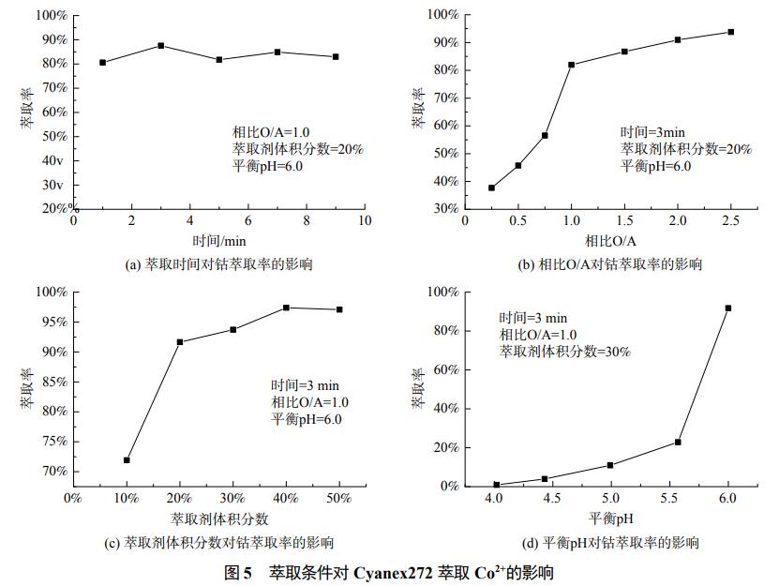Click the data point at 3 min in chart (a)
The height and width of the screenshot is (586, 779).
[x=161, y=45]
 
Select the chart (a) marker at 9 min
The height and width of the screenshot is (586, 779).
[x=335, y=56]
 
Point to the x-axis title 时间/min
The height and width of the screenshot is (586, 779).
[x=218, y=240]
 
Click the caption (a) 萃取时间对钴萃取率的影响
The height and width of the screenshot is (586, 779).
[x=218, y=264]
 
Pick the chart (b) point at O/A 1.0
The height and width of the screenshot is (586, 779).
[x=571, y=65]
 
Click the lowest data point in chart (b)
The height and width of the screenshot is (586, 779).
[x=491, y=188]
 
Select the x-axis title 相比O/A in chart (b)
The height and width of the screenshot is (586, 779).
[x=610, y=240]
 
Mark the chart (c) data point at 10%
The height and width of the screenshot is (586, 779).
[x=127, y=460]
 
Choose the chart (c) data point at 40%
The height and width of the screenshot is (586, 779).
[x=286, y=308]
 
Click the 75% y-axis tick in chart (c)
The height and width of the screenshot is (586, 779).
[x=52, y=441]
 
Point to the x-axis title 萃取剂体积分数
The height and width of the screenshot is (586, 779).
[x=219, y=518]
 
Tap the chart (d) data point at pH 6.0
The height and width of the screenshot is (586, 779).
[x=728, y=308]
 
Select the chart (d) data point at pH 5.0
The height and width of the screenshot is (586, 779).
[x=610, y=465]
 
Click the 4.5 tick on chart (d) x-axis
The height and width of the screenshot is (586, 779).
[x=551, y=498]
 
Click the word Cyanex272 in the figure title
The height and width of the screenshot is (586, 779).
[x=394, y=571]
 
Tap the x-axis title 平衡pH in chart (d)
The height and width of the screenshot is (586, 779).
[x=611, y=518]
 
